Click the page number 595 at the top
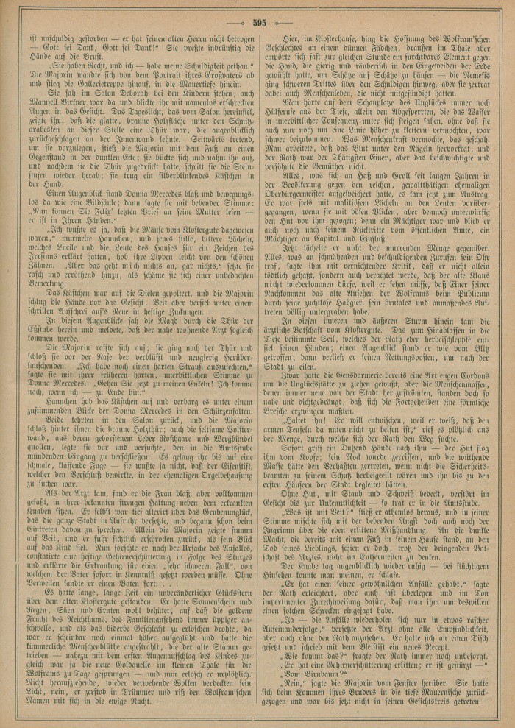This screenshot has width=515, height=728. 257,22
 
